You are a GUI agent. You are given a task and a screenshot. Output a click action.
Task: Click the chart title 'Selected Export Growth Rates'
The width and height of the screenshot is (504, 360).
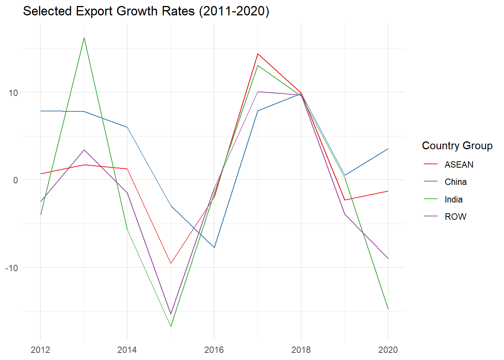tap(146, 11)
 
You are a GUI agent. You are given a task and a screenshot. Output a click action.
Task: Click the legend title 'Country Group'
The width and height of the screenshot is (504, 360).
tap(457, 145)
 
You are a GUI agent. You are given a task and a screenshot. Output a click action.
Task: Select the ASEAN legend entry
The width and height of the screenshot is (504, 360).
tap(459, 165)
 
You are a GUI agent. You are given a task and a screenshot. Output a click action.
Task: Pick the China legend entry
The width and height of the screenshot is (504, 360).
tap(455, 182)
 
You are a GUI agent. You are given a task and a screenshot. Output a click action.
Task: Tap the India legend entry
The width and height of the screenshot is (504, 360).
tap(453, 199)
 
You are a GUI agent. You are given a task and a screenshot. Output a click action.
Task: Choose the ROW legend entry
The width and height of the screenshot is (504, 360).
tap(455, 217)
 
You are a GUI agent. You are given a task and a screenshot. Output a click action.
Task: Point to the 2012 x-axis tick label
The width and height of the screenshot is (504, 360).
tap(40, 350)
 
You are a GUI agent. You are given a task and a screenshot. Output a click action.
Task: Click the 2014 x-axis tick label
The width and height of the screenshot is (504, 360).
tap(127, 350)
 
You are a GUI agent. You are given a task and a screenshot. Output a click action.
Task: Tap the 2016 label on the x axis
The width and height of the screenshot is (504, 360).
tap(214, 350)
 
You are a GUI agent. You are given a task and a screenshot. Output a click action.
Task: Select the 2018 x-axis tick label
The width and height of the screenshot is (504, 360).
tap(301, 350)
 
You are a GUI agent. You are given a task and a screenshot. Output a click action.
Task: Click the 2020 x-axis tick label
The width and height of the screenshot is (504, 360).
tap(388, 350)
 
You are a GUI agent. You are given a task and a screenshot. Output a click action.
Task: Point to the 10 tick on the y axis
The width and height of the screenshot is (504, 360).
tap(13, 93)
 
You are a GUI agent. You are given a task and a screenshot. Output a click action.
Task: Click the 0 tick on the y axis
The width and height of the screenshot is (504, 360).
tap(15, 180)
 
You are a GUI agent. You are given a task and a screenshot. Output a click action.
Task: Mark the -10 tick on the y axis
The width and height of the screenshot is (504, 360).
tap(12, 268)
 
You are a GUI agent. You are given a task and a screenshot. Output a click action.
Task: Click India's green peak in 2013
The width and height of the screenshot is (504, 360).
tap(84, 37)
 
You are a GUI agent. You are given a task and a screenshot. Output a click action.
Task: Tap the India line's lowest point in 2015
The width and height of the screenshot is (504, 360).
tap(171, 326)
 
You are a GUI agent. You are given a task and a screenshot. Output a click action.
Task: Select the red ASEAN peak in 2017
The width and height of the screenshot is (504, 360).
tap(258, 54)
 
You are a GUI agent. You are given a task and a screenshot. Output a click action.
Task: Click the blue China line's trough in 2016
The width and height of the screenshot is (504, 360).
tap(214, 247)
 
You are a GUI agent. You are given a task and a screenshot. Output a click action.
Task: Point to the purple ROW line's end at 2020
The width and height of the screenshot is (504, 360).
tap(388, 258)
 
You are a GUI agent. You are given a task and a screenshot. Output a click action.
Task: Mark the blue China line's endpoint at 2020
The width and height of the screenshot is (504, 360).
tap(388, 149)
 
